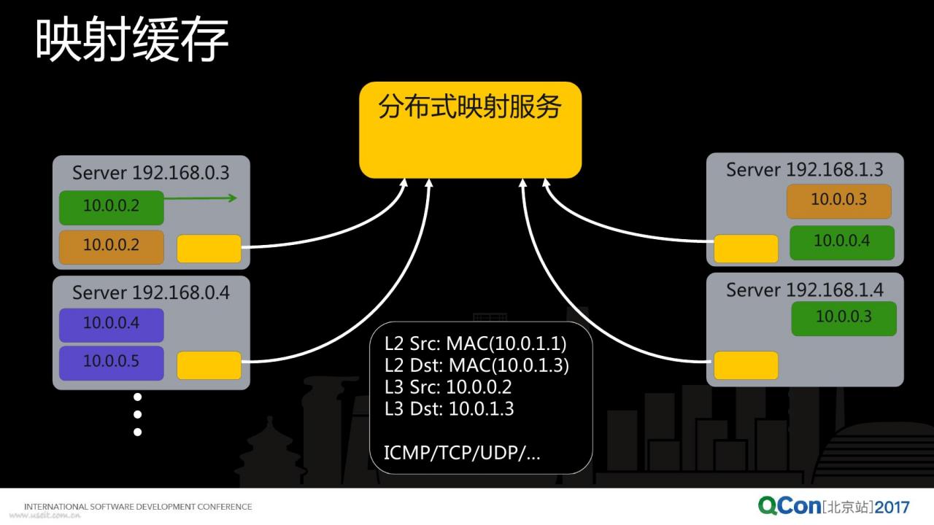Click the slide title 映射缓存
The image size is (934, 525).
pos(132,39)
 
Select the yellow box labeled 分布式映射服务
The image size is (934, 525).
pos(471,130)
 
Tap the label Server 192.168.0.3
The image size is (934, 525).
pos(150,173)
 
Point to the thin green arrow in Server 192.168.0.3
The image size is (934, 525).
pos(201,198)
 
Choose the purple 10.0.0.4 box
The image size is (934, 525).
pos(112,324)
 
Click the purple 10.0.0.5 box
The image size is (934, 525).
pos(112,363)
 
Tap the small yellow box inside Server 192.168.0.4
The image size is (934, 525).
pos(209,365)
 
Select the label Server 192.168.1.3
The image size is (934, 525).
pos(805,170)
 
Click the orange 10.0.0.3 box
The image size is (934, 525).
pos(839,201)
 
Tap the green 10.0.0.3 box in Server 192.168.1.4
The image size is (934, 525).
pos(844,319)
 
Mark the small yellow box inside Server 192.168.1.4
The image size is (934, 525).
pos(746,365)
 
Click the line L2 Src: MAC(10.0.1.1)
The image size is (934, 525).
pos(475,343)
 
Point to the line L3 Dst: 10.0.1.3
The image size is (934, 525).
pos(449,409)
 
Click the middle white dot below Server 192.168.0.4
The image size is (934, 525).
pos(138,415)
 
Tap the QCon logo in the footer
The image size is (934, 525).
pos(790,505)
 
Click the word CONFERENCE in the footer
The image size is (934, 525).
pos(225,507)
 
